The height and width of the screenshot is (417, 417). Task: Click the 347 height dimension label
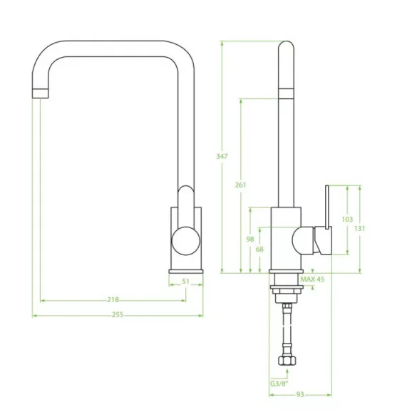tap(222, 156)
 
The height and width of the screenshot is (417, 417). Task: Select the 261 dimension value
tap(240, 185)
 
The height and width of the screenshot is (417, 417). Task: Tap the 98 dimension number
tap(250, 239)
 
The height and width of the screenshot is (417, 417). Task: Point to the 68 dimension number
tap(259, 249)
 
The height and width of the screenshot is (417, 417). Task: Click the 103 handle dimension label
tap(347, 219)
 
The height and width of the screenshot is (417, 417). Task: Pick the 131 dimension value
tap(359, 228)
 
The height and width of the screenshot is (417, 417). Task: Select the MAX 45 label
tap(312, 279)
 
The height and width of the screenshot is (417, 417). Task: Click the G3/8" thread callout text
tap(279, 383)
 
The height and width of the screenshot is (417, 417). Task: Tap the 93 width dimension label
tap(300, 395)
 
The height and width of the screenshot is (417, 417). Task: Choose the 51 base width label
tap(185, 281)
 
